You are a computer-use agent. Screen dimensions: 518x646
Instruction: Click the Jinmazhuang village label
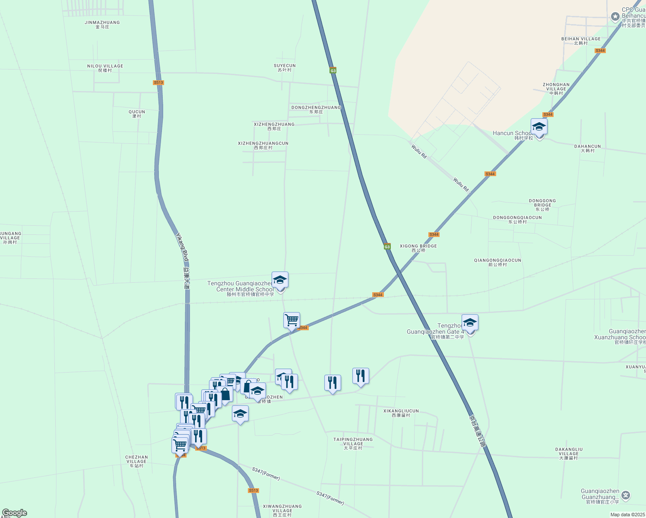click(102, 24)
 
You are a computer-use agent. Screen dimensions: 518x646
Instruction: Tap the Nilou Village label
click(105, 68)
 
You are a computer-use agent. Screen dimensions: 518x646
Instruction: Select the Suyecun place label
click(285, 67)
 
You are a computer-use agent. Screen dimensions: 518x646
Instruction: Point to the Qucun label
click(137, 114)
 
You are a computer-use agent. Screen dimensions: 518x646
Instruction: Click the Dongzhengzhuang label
click(316, 109)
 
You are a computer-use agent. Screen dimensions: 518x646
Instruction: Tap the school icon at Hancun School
click(539, 127)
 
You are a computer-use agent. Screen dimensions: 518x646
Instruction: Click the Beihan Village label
click(581, 41)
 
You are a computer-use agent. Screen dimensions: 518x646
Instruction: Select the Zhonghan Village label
click(556, 88)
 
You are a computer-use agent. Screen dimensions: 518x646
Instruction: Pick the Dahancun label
click(587, 148)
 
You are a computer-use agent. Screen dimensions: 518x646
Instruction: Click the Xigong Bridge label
click(418, 248)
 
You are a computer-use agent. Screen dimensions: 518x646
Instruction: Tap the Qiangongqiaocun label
click(497, 262)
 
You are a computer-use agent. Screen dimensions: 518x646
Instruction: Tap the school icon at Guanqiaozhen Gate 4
click(470, 323)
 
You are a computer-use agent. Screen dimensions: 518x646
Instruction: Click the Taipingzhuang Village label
click(353, 443)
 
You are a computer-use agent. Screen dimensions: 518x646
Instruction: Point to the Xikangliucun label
click(401, 413)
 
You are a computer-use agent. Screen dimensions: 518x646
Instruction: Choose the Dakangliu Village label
click(568, 453)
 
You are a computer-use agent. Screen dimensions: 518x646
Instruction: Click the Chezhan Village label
click(136, 461)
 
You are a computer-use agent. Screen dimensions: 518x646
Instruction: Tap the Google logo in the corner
click(14, 513)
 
